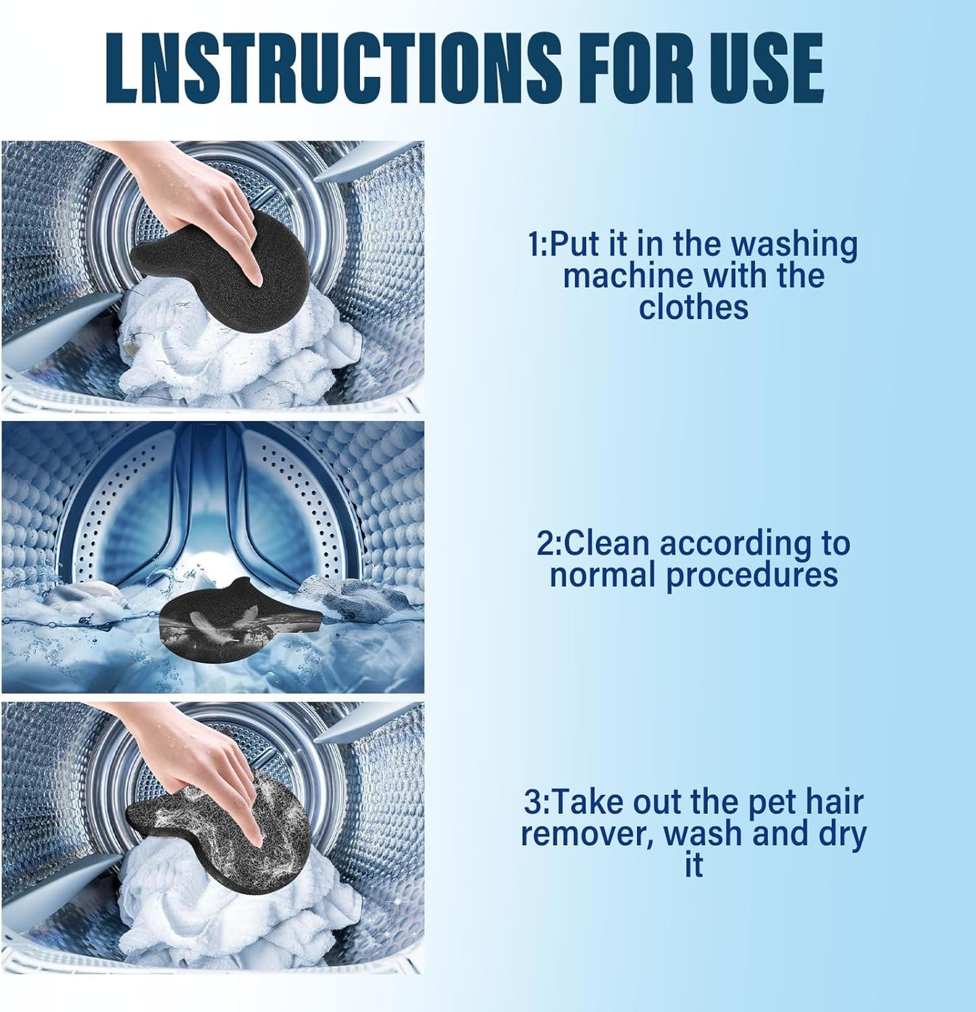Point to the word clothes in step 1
(694, 308)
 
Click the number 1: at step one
(538, 244)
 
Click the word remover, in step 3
(586, 834)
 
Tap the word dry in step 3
(842, 834)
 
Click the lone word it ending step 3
(694, 865)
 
